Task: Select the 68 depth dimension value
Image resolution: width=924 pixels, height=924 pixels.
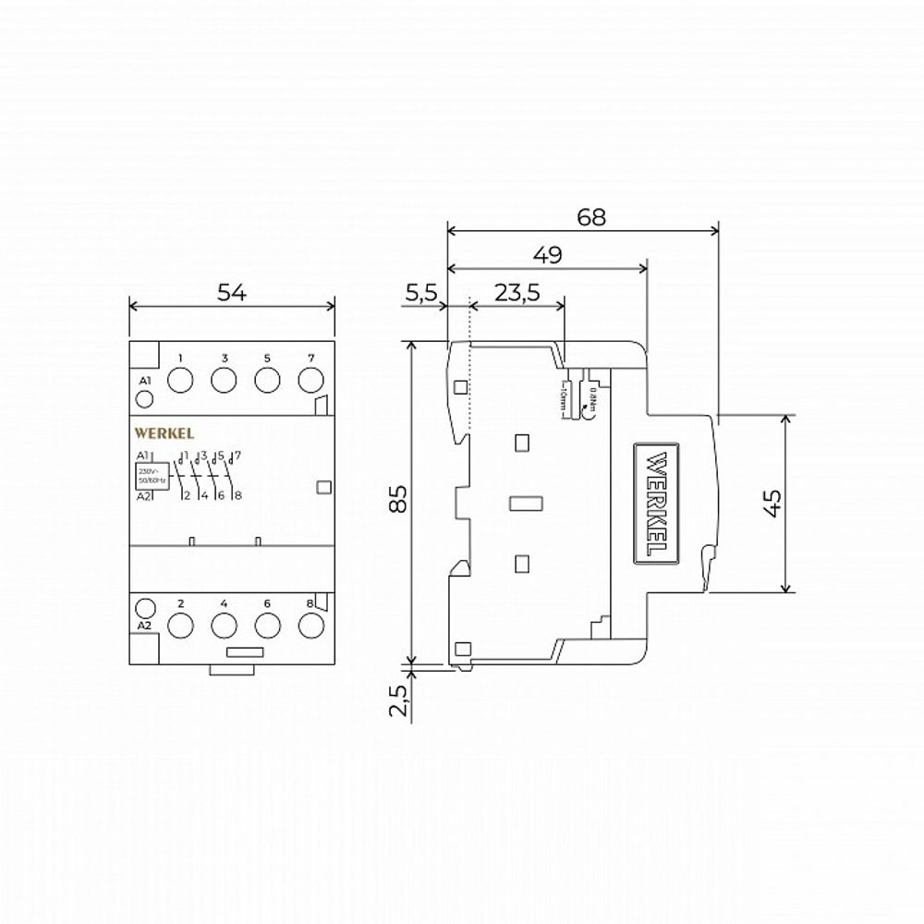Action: tap(591, 218)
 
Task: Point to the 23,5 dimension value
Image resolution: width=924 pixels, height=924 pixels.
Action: tap(517, 293)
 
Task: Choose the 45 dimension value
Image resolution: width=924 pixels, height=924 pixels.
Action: tap(772, 501)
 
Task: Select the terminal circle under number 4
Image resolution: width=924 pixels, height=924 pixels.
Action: tap(224, 626)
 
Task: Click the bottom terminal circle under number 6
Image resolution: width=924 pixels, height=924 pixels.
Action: tap(267, 626)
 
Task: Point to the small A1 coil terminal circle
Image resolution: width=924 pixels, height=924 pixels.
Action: tap(144, 399)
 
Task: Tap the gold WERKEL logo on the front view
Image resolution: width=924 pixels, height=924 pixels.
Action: tap(164, 432)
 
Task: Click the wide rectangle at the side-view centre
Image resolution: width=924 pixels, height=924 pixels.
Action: tap(525, 504)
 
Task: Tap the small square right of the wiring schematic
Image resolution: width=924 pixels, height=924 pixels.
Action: tap(322, 486)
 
